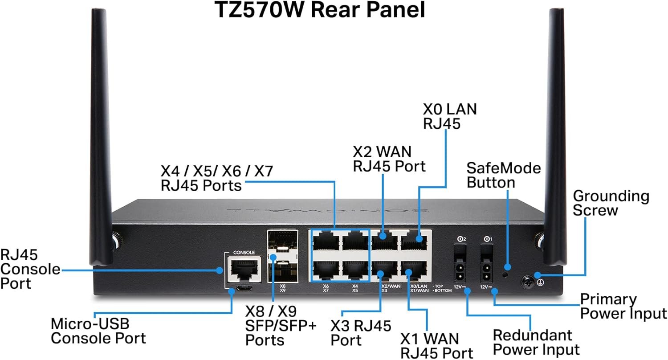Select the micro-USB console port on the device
point(244,288)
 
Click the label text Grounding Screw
point(611,203)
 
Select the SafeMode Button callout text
point(503,175)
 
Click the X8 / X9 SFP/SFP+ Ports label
point(281,326)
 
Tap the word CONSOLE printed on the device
point(244,252)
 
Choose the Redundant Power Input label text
point(536,342)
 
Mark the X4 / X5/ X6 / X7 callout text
point(217,178)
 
